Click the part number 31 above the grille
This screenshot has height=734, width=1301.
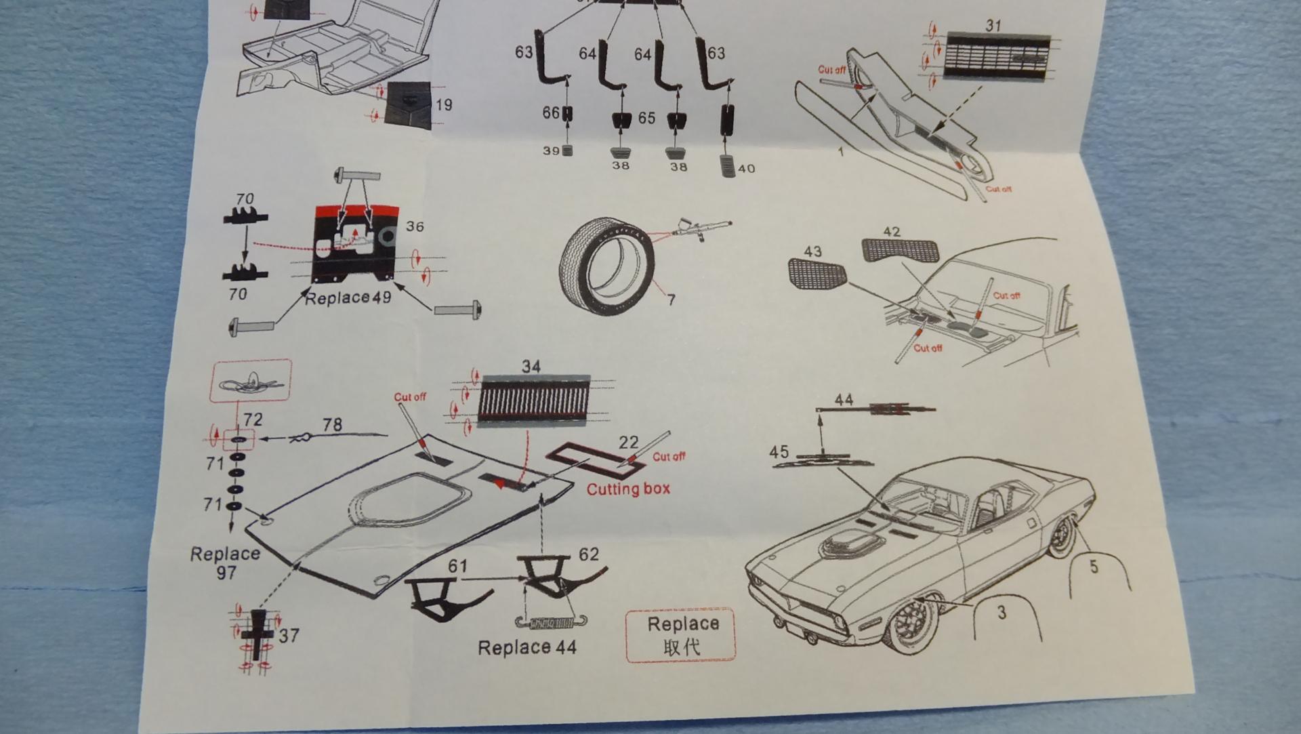(993, 26)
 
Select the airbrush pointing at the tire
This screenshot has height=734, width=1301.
(701, 228)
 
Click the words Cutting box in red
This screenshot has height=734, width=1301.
(628, 489)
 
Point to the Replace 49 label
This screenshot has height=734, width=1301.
(348, 298)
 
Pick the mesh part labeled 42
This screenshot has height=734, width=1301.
(900, 250)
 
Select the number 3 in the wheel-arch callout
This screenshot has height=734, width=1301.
(1001, 613)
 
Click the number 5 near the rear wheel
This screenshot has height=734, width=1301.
(1094, 566)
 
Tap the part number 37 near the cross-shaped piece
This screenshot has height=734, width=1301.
(289, 636)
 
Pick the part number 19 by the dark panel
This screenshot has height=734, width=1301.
(444, 105)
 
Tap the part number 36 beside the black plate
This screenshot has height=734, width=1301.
(415, 226)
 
